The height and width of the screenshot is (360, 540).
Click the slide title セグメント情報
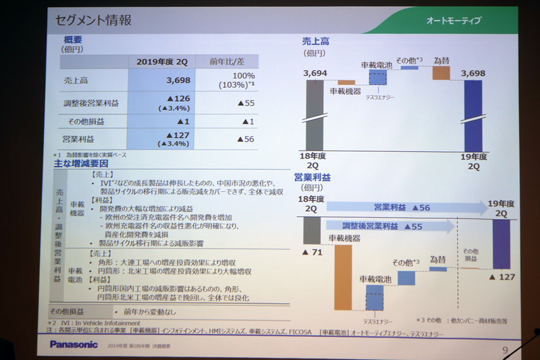(x=94, y=20)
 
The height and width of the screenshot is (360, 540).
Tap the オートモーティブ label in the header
(x=453, y=21)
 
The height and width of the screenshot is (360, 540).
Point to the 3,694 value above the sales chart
(x=315, y=72)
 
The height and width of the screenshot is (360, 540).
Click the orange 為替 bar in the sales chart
(x=441, y=72)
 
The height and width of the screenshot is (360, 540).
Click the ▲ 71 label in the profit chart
(x=315, y=252)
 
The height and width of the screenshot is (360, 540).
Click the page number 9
(x=505, y=349)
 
